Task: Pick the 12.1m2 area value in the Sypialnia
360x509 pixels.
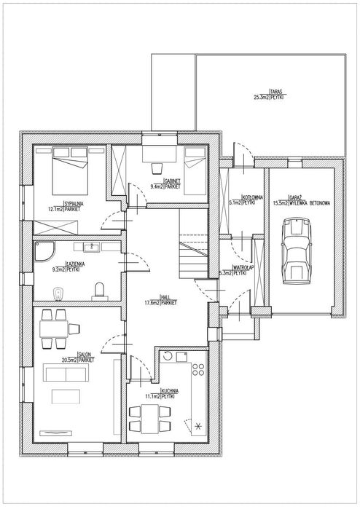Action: [x=53, y=208]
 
